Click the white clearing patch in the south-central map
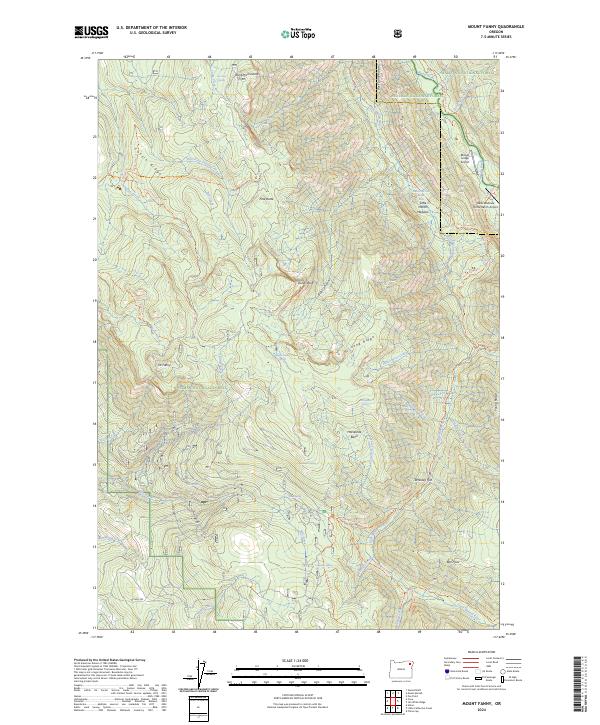(x=240, y=544)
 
